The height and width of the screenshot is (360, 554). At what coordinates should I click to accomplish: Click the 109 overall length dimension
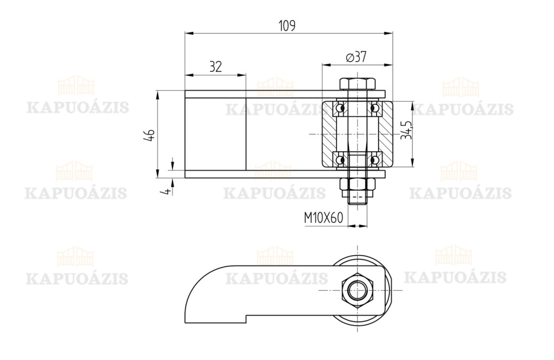[287, 26]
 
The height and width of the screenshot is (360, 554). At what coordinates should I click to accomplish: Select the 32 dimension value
[215, 66]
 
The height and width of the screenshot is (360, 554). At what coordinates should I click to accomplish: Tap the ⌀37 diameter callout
[357, 57]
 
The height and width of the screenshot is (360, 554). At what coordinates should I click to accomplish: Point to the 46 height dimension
[149, 135]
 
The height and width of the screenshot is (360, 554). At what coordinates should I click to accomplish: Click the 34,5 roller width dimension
[406, 130]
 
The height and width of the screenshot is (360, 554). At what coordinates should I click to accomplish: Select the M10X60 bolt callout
[324, 218]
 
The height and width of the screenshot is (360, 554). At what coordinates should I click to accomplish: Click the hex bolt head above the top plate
[357, 84]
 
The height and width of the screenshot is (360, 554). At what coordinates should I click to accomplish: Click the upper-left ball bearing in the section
[340, 107]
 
